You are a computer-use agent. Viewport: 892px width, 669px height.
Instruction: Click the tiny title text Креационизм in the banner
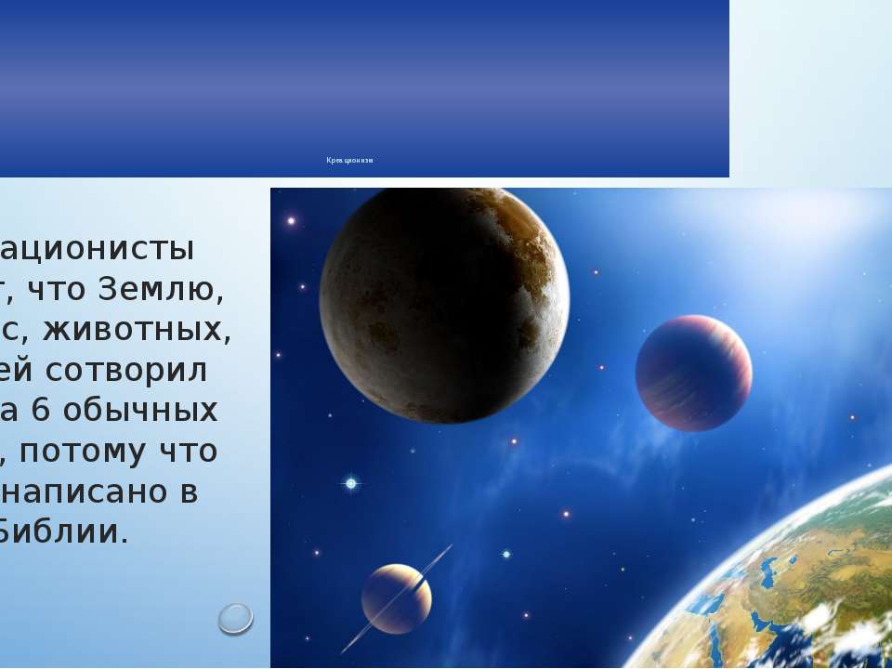(349, 161)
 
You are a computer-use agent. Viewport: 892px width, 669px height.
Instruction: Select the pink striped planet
(693, 373)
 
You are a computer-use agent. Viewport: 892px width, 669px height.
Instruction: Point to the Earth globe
(799, 585)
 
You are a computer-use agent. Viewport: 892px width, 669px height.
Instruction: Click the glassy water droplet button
(236, 618)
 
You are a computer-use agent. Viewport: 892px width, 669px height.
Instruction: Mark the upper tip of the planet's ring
(450, 547)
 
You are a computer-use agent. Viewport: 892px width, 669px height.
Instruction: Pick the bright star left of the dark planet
(291, 221)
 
